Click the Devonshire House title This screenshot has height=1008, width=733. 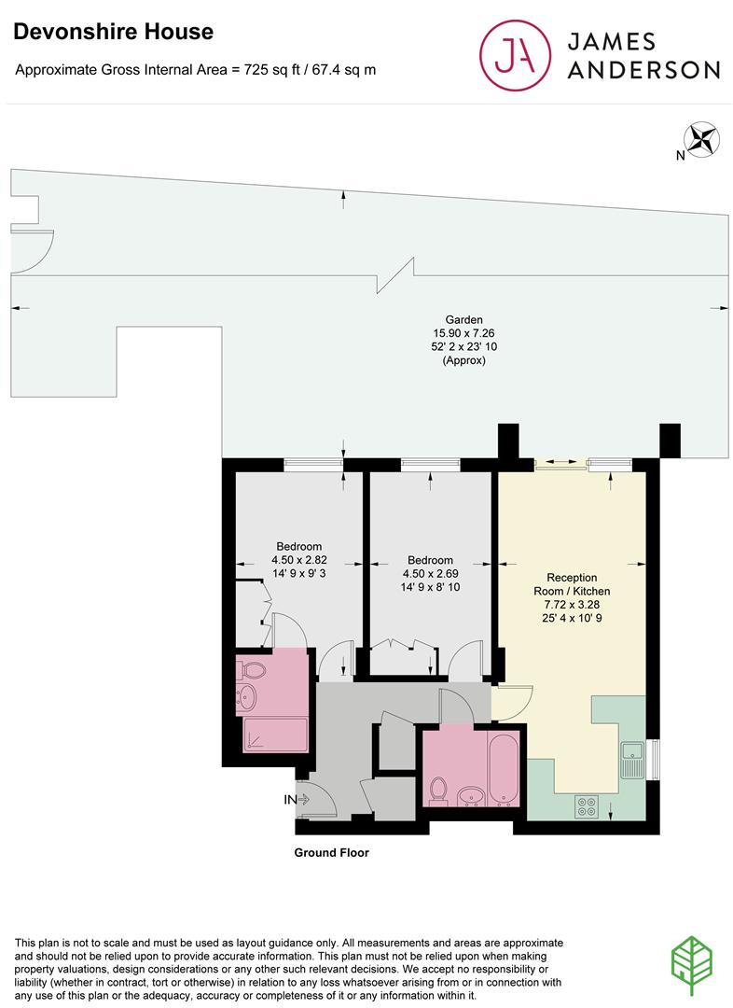point(113,32)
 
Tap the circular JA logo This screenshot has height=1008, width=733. point(515,55)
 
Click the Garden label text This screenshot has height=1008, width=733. point(463,319)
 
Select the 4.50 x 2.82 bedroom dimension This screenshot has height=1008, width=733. point(298,560)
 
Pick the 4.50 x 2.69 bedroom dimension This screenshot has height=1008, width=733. point(430,573)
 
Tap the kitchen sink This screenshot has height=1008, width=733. point(632,759)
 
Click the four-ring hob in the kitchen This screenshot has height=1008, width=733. point(586,806)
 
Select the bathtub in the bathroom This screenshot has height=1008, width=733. point(503,769)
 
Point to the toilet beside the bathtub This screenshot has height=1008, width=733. point(438,791)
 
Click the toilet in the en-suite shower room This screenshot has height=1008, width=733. point(251,670)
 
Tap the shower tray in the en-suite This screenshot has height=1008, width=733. point(275,735)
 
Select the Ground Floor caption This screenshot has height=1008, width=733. point(331,852)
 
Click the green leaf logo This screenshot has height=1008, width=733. point(692,966)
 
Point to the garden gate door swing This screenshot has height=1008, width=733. point(33,251)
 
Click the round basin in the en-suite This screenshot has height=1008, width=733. point(246,696)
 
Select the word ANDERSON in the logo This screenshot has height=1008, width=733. point(643,70)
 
